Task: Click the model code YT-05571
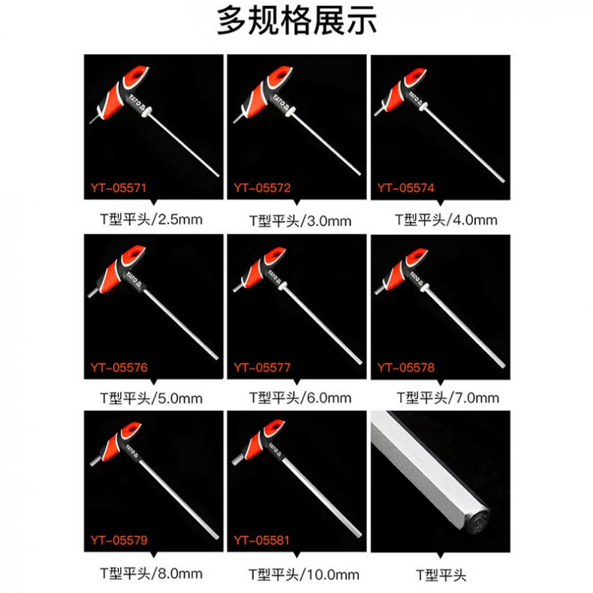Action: [x=119, y=188]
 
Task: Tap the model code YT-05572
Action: [x=262, y=188]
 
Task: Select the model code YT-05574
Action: [x=406, y=188]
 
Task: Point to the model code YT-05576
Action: [x=119, y=368]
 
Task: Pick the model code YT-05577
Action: [x=262, y=368]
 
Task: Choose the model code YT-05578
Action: [x=406, y=368]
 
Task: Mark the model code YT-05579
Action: [x=119, y=540]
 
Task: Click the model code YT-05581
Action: [x=262, y=540]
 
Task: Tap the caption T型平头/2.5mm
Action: [x=152, y=219]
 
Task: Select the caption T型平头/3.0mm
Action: [x=300, y=221]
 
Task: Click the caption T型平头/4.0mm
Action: [x=447, y=220]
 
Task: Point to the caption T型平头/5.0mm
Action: [x=152, y=399]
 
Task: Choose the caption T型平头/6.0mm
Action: [x=300, y=398]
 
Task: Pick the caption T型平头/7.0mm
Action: [x=448, y=398]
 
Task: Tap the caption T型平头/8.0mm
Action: [x=152, y=573]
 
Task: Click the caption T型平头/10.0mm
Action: [x=304, y=575]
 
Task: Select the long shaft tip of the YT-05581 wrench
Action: [x=359, y=534]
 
